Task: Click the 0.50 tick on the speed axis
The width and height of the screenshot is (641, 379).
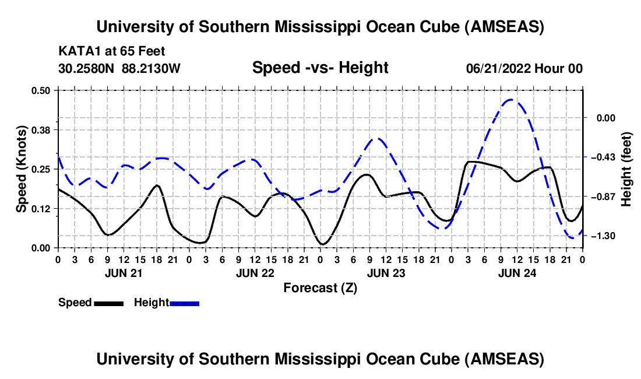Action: (41, 90)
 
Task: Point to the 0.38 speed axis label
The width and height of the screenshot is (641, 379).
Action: (41, 129)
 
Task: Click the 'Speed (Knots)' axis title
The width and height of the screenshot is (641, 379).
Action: (21, 169)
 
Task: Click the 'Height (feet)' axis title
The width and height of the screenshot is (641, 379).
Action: (626, 169)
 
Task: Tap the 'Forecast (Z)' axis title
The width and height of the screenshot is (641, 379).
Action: (320, 287)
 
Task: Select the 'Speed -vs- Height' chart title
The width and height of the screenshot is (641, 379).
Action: (320, 68)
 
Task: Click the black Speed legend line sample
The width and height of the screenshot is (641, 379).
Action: (108, 303)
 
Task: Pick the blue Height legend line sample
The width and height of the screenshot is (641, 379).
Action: (184, 303)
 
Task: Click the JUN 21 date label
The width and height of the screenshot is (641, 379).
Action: (124, 272)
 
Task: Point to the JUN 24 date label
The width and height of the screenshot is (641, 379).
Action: (517, 272)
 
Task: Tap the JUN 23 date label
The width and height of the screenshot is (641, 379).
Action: (386, 272)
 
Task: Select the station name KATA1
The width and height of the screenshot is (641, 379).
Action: (78, 51)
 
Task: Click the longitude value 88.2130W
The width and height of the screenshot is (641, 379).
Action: (152, 69)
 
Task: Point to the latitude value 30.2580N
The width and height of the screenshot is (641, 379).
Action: (87, 69)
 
